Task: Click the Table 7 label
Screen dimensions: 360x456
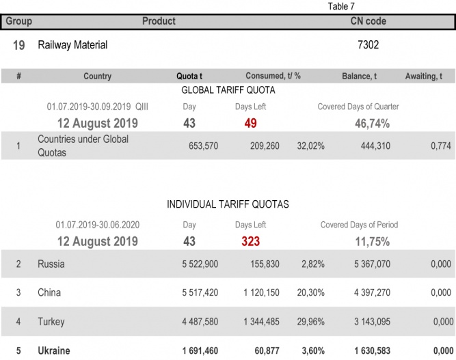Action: coord(342,6)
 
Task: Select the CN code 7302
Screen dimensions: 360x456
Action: coord(369,45)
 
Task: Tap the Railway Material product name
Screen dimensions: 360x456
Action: coord(72,45)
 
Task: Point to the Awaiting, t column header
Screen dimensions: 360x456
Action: coord(428,77)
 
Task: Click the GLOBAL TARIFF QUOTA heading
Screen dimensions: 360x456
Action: coord(228,90)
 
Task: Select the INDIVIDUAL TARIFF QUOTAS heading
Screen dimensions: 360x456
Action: coord(228,204)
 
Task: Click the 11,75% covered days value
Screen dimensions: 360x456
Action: coord(372,241)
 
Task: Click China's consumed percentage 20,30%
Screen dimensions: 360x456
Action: coord(310,293)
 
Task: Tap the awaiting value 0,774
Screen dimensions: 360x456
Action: coord(441,146)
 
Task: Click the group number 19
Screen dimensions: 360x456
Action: coord(19,45)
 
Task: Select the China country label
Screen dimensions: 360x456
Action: coord(49,293)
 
